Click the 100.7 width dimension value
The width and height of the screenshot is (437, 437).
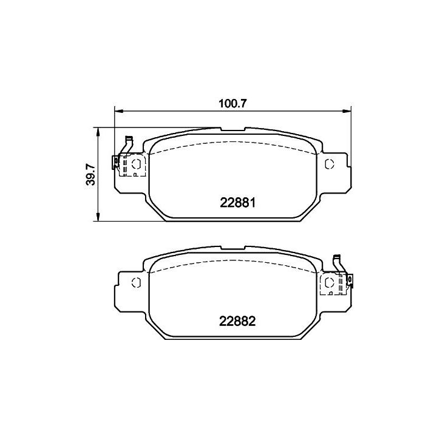point(232,104)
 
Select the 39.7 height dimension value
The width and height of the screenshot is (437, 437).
point(91,174)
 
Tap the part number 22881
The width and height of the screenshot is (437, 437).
point(237,203)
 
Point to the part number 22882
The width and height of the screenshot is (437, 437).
point(237,321)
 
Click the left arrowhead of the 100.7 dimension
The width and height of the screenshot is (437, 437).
point(119,112)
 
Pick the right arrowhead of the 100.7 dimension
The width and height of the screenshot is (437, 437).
point(347,112)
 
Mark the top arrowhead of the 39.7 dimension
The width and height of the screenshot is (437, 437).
point(98,132)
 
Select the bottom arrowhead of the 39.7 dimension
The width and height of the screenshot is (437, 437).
point(98,217)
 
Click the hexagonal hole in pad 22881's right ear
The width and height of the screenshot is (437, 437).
point(330,164)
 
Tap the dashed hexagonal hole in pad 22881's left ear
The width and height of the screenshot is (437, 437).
point(136,164)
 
